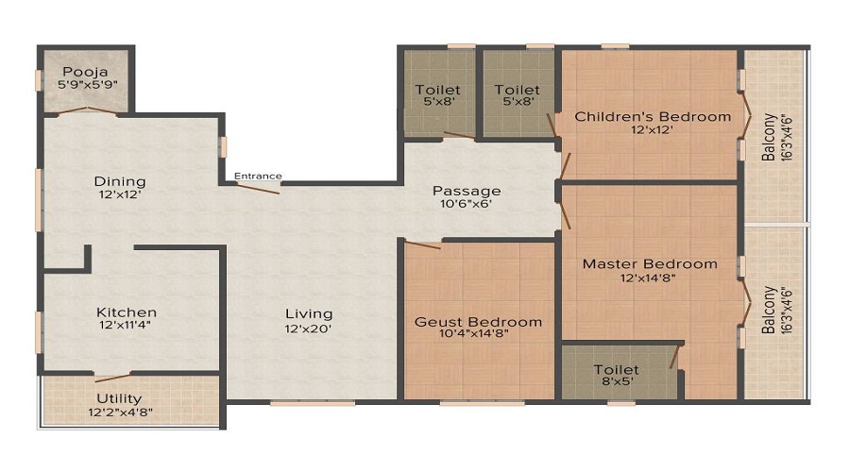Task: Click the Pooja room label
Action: (x=85, y=72)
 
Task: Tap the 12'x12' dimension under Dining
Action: (x=119, y=195)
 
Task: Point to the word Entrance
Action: (x=258, y=176)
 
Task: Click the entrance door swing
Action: (x=258, y=188)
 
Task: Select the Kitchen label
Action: (x=127, y=312)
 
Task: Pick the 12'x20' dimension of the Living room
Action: (x=310, y=329)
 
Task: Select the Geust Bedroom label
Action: (x=479, y=322)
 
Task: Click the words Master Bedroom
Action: (x=649, y=264)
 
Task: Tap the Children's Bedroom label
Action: (x=653, y=117)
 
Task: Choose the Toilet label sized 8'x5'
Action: (x=616, y=370)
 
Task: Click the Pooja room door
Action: (x=87, y=111)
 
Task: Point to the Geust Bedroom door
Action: (x=422, y=244)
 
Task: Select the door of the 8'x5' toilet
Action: (x=674, y=357)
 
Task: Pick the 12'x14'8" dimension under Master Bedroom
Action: (x=649, y=278)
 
